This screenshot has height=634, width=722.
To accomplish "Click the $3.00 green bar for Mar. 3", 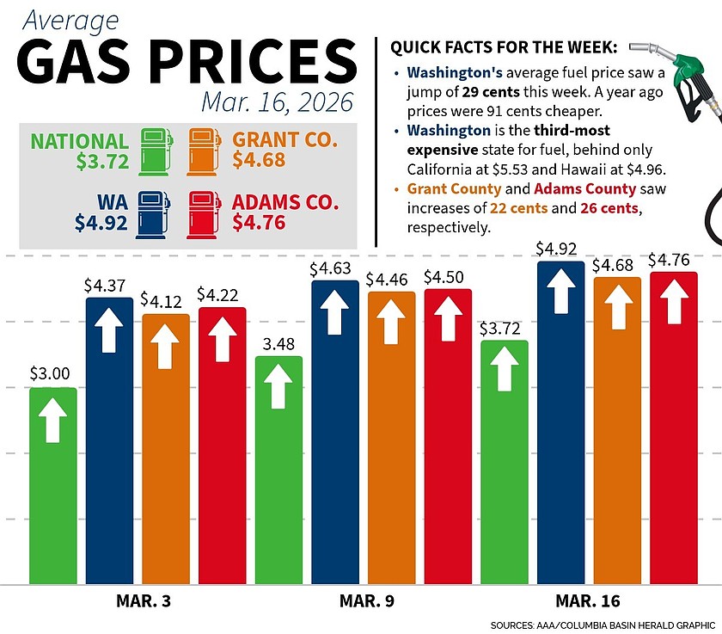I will (x=53, y=486).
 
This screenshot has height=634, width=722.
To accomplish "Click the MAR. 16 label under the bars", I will (x=588, y=600).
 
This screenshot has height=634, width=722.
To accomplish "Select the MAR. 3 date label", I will (x=143, y=600).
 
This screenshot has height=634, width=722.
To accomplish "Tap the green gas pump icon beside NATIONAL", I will (x=156, y=151).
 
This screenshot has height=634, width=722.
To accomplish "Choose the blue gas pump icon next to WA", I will (x=156, y=213).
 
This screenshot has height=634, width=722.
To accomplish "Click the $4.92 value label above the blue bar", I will (x=560, y=249).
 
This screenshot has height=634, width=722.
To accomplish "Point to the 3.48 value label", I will (x=278, y=344).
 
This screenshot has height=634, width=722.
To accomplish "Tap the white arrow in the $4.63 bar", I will (x=335, y=310).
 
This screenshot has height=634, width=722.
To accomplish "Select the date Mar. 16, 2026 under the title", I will (x=277, y=102).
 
